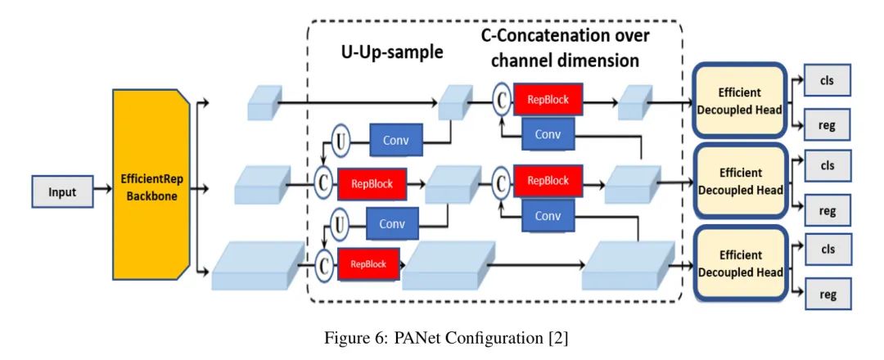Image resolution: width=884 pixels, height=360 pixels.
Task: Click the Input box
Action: [62, 192]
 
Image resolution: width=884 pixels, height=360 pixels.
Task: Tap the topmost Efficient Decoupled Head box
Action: [739, 101]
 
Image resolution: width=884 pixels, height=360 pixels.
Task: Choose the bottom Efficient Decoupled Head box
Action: [739, 264]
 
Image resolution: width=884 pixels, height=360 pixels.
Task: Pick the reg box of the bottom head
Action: [828, 291]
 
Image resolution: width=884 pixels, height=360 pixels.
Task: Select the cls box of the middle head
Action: [828, 164]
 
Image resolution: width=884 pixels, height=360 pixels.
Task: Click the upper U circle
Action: [341, 142]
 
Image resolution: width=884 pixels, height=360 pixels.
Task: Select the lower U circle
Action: [341, 222]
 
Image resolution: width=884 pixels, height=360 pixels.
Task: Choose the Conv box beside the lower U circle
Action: [391, 222]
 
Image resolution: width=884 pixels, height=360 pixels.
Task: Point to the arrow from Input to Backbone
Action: [100, 192]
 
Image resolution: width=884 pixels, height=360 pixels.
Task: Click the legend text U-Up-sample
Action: [391, 53]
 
